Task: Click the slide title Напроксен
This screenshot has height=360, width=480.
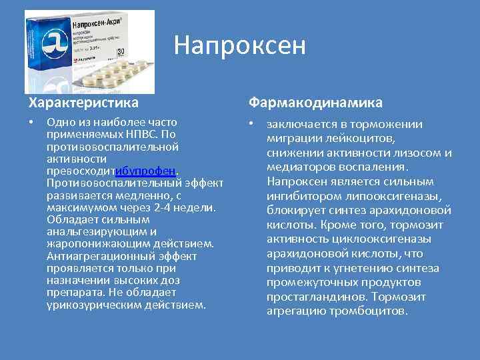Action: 239,45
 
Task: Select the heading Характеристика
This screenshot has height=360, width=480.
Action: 83,103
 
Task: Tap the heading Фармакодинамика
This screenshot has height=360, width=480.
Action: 315,103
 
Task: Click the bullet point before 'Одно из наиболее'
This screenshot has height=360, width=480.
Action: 31,123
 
